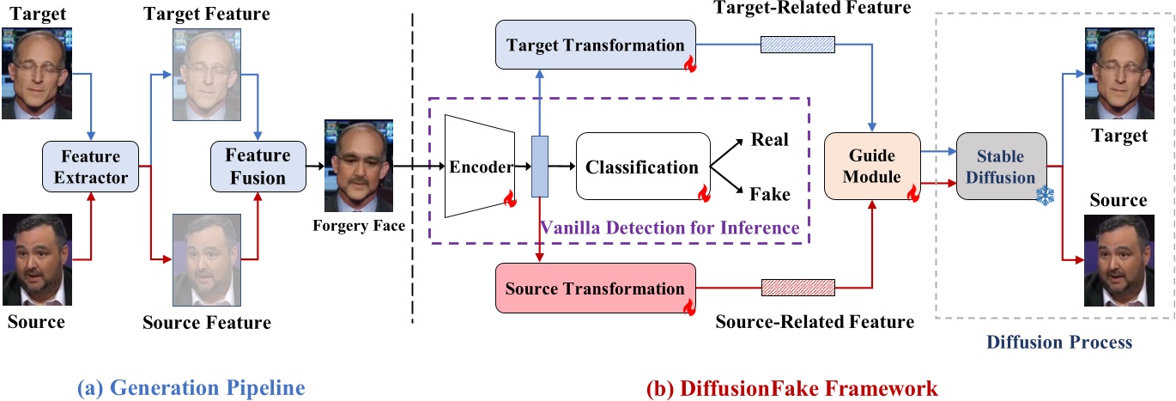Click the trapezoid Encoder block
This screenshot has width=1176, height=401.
(479, 167)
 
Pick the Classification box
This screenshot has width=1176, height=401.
(642, 167)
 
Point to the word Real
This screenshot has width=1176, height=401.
(769, 139)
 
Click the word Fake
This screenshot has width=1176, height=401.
(769, 194)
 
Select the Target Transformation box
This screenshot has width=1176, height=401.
(595, 45)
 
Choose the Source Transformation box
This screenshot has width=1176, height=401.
(595, 289)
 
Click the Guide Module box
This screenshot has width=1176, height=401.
(872, 167)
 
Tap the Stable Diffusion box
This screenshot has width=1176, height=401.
(1002, 167)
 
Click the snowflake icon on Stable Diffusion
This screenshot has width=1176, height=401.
(1044, 197)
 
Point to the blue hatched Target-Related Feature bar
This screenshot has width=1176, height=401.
(797, 44)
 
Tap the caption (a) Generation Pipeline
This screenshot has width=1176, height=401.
(191, 388)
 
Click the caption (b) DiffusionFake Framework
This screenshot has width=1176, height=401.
(791, 388)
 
